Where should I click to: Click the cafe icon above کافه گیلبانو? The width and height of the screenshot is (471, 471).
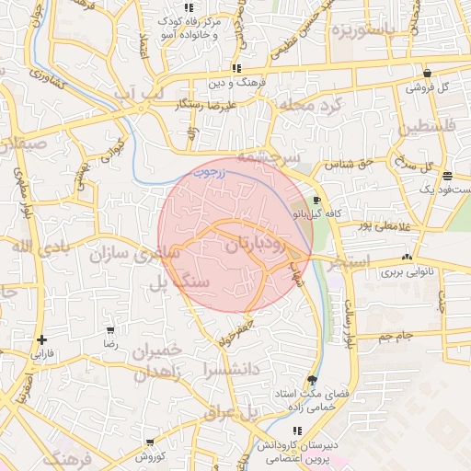[317, 200]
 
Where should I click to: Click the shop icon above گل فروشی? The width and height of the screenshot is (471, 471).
[427, 74]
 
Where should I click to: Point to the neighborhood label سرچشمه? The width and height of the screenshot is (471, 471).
[268, 156]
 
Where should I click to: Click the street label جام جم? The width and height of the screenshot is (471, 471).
[396, 338]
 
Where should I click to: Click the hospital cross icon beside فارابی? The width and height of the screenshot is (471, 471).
[42, 339]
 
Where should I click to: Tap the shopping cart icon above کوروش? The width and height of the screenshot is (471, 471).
[149, 442]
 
